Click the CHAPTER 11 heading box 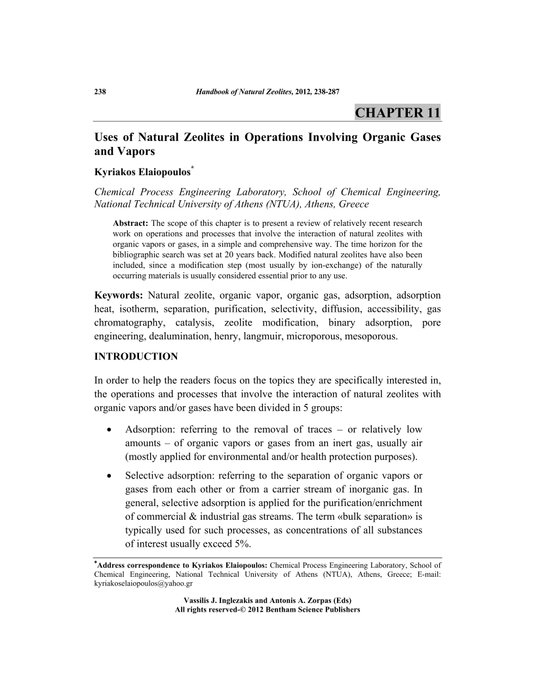coord(397,112)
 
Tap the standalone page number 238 coord(100,91)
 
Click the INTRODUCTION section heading coord(136,357)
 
